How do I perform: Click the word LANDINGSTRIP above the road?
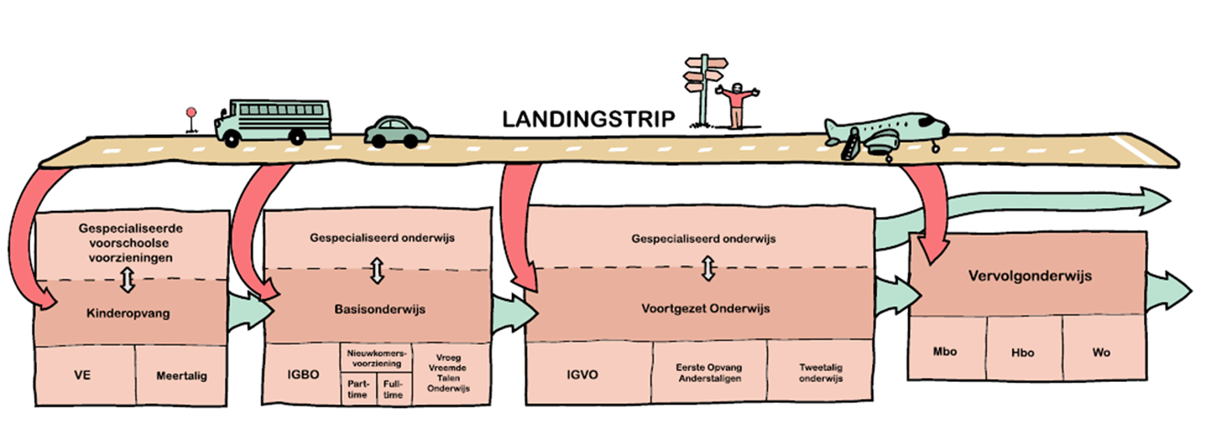[x=588, y=119]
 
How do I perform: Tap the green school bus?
[x=274, y=121]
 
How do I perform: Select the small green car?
[x=396, y=132]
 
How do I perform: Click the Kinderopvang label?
[x=128, y=313]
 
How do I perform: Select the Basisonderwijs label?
[x=380, y=309]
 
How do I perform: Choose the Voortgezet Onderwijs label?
[x=706, y=308]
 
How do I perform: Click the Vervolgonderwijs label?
[x=1030, y=276]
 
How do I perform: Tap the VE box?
[x=83, y=375]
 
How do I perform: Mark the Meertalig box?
[x=181, y=375]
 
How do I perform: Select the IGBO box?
[x=303, y=374]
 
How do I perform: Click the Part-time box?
[x=358, y=389]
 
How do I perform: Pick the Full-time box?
[x=393, y=389]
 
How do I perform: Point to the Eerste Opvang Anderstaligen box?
[x=709, y=372]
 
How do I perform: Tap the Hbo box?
[x=1023, y=353]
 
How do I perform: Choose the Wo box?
[x=1101, y=352]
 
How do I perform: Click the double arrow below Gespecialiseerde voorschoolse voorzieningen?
[x=127, y=281]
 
